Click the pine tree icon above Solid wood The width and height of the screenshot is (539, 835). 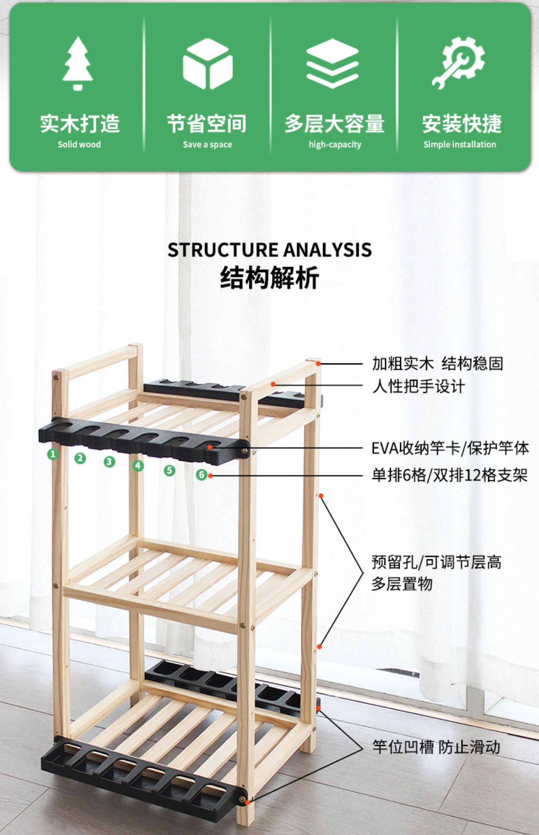78,63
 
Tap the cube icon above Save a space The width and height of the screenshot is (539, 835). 207,63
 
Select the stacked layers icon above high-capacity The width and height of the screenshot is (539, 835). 333,63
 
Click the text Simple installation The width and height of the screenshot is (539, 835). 459,144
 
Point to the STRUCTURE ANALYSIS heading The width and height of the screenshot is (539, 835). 269,250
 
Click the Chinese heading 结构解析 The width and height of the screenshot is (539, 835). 269,277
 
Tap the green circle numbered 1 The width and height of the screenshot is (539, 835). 53,454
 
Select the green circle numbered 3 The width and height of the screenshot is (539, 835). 109,462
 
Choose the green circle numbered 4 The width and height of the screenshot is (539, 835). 138,466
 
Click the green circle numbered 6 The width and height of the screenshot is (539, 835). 201,474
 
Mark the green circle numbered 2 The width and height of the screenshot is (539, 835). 80,458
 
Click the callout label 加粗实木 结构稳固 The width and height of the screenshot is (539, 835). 437,364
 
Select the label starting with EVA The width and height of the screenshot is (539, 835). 450,448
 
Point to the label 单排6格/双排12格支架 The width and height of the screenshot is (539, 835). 449,475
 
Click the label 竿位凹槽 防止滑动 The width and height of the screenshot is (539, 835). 436,747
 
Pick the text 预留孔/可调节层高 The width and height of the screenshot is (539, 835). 436,562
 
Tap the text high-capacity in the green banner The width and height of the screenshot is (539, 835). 335,144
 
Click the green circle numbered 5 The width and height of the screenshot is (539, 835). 170,470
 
